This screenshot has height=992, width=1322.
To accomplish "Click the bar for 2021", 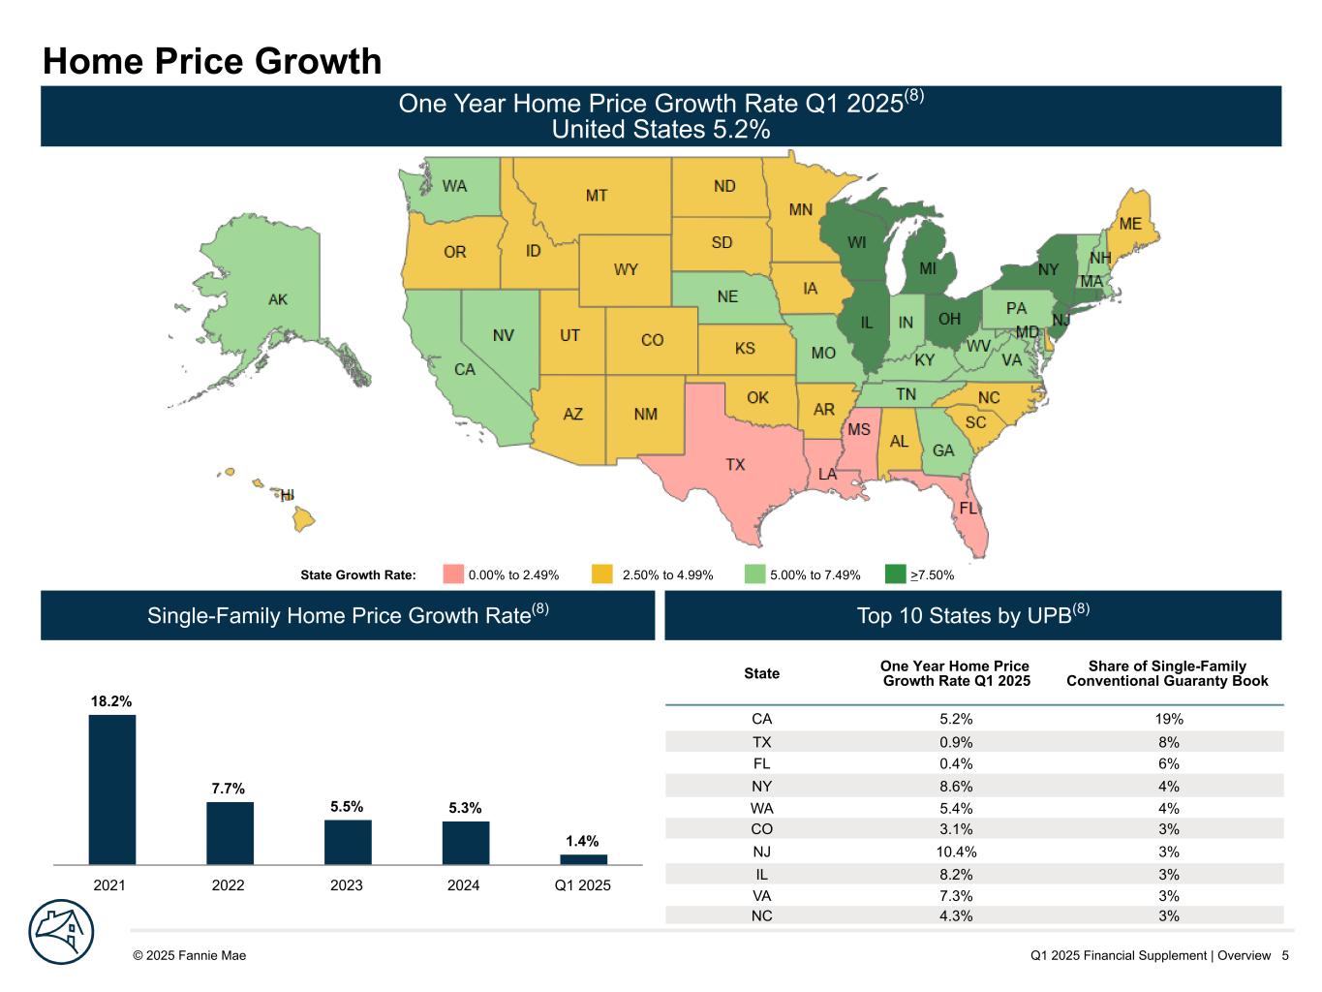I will [x=112, y=789].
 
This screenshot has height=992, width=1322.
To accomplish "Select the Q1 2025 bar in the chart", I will [x=583, y=859].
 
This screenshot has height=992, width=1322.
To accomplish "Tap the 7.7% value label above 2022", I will [x=229, y=789].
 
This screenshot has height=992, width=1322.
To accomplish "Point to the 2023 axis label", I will [x=347, y=885].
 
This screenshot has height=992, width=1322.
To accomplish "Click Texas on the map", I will [x=736, y=465].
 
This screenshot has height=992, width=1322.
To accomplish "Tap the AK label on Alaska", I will [x=278, y=299].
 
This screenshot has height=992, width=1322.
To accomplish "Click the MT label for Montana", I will [x=597, y=196].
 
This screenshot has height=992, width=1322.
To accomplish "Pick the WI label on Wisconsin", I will [x=857, y=241].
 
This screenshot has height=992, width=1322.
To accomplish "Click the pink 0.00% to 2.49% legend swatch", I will [x=453, y=574].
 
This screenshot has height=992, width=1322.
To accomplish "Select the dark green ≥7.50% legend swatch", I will [x=896, y=574].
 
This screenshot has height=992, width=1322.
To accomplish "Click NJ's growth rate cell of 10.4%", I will [x=957, y=852].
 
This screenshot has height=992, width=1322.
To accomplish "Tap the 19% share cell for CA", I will [x=1168, y=719].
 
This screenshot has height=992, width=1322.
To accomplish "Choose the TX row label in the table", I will [x=762, y=742].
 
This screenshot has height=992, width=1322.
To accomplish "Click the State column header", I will [x=762, y=673].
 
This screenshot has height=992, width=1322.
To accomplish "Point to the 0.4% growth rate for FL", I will [x=957, y=763].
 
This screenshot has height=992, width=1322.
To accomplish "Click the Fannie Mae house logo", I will [x=62, y=933].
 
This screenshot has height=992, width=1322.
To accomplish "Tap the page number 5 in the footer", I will [x=1285, y=955].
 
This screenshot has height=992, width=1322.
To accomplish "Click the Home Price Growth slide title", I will [x=212, y=61].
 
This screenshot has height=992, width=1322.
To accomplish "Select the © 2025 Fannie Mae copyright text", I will [x=190, y=955].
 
